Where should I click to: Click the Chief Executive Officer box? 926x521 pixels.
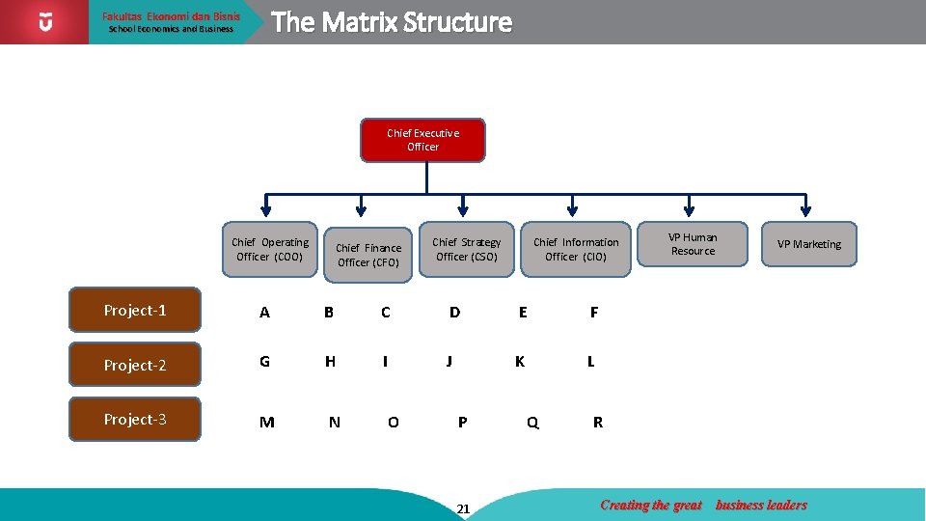point(422,140)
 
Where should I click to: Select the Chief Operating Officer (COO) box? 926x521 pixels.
point(270,249)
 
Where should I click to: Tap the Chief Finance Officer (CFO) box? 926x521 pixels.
point(368,255)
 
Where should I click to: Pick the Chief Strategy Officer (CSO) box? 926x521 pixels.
point(467,249)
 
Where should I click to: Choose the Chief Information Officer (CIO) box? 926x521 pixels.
point(576,249)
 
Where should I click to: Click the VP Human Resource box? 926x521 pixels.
point(693,244)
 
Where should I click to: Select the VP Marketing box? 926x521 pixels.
point(809,244)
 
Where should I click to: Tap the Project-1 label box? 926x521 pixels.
point(135,310)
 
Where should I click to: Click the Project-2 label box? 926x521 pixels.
point(135,365)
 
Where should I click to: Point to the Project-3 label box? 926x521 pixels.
point(135,419)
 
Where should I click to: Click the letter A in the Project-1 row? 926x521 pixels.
point(264,312)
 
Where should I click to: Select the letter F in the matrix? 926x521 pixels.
point(594,312)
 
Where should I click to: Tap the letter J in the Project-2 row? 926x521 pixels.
point(449,362)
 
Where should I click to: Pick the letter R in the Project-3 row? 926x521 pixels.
point(598,422)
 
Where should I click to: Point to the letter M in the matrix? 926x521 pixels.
point(267,422)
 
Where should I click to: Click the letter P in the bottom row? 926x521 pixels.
point(463,422)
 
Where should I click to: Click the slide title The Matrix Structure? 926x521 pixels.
point(392,22)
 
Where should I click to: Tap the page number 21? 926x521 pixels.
point(463,508)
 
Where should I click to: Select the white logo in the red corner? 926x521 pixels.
point(45,21)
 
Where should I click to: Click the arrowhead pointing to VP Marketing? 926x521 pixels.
point(805,211)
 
